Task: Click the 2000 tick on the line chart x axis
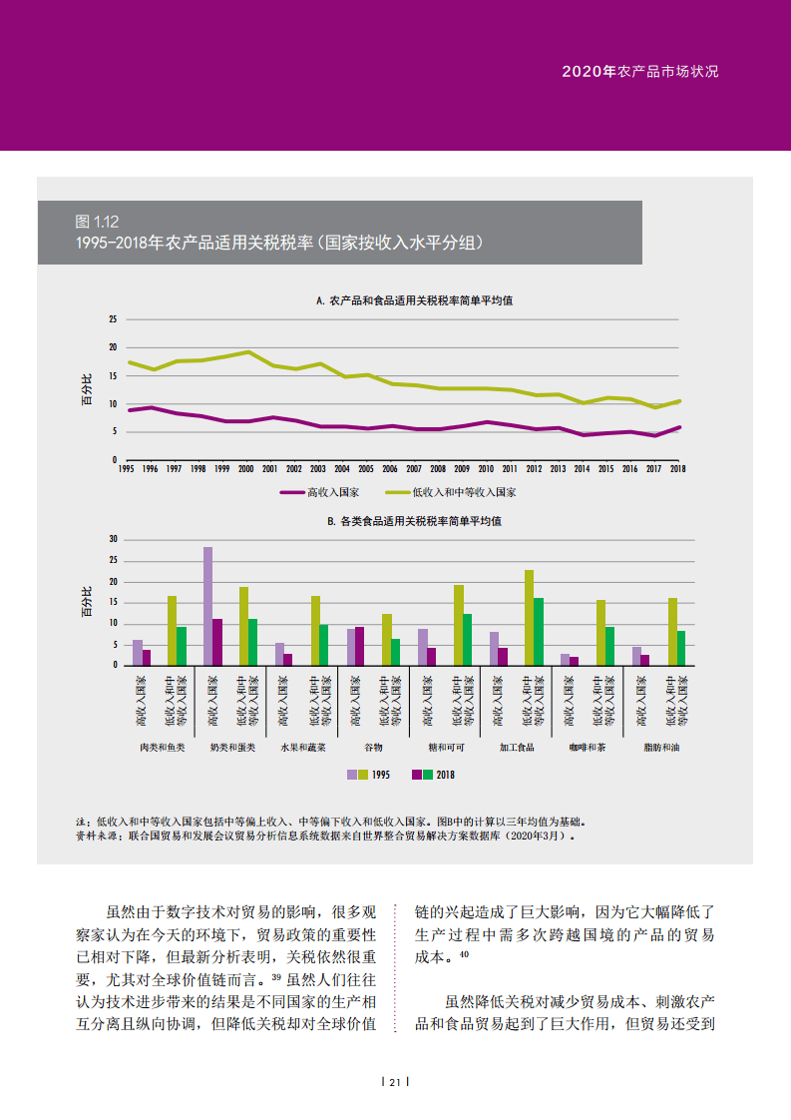(246, 467)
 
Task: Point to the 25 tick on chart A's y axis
(114, 319)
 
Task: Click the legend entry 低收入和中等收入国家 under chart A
(464, 492)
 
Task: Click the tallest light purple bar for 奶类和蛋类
(207, 605)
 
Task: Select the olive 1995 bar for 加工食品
(529, 617)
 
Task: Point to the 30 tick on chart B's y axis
(114, 539)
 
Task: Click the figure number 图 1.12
(97, 222)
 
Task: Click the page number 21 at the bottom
(395, 1083)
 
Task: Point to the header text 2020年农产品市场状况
(639, 72)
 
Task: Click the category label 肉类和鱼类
(162, 747)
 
